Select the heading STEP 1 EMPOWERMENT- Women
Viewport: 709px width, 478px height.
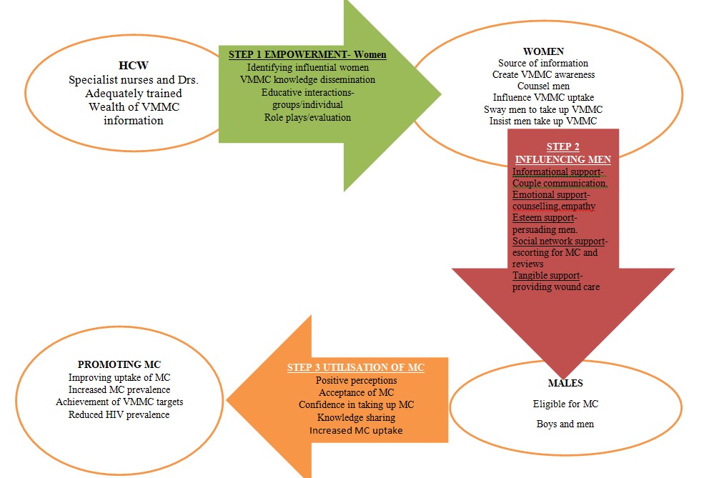point(308,54)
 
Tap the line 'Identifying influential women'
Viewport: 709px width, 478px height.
point(308,67)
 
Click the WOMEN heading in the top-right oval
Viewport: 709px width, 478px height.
point(543,51)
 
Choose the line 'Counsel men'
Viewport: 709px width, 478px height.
point(543,86)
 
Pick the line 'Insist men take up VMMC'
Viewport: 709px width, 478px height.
point(543,121)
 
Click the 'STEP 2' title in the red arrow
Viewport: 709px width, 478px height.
point(562,146)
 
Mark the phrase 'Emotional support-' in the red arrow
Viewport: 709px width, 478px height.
point(550,194)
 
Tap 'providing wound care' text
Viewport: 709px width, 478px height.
point(556,287)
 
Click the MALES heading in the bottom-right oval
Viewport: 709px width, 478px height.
point(565,383)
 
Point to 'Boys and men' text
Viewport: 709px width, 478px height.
point(565,424)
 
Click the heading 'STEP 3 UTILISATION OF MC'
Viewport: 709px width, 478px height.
point(355,367)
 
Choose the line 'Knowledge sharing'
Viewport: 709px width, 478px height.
point(356,417)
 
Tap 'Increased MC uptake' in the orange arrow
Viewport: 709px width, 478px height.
point(356,430)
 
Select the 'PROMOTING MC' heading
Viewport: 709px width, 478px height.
point(119,364)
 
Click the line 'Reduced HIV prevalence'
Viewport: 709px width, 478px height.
point(119,414)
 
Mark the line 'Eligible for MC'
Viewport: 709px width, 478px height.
point(565,404)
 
